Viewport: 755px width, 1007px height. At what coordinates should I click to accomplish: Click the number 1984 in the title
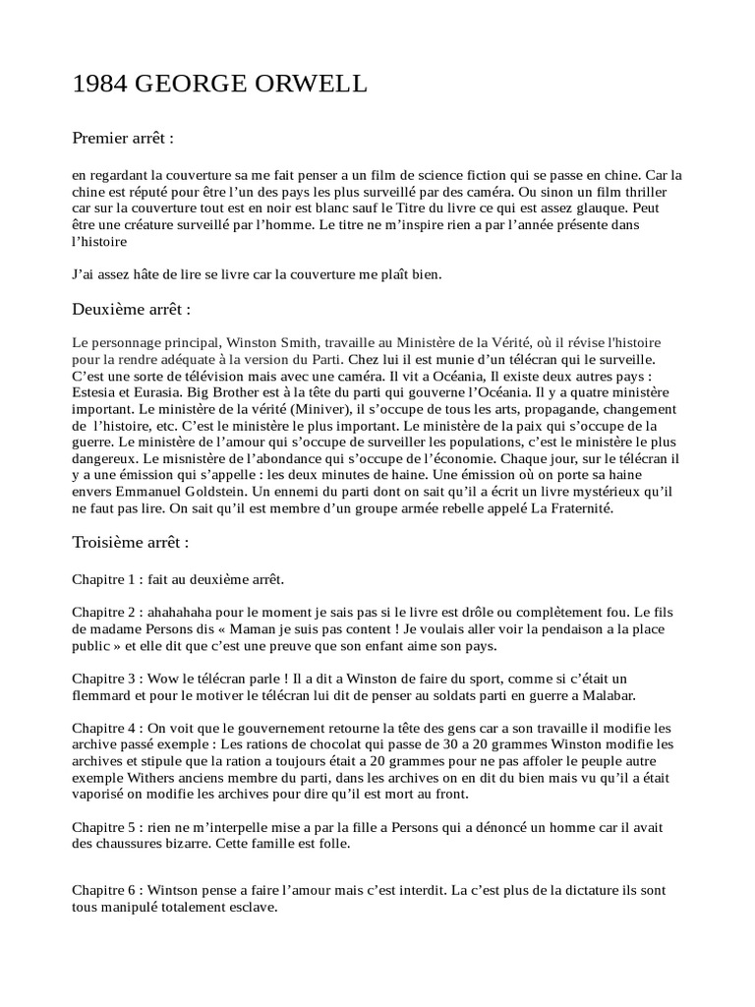point(98,87)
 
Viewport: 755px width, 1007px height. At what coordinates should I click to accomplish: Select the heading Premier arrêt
point(123,138)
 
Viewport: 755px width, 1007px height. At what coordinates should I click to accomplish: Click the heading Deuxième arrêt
point(131,309)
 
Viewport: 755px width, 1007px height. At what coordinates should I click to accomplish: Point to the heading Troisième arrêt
point(131,542)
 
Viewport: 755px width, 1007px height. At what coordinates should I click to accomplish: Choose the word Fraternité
point(571,509)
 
